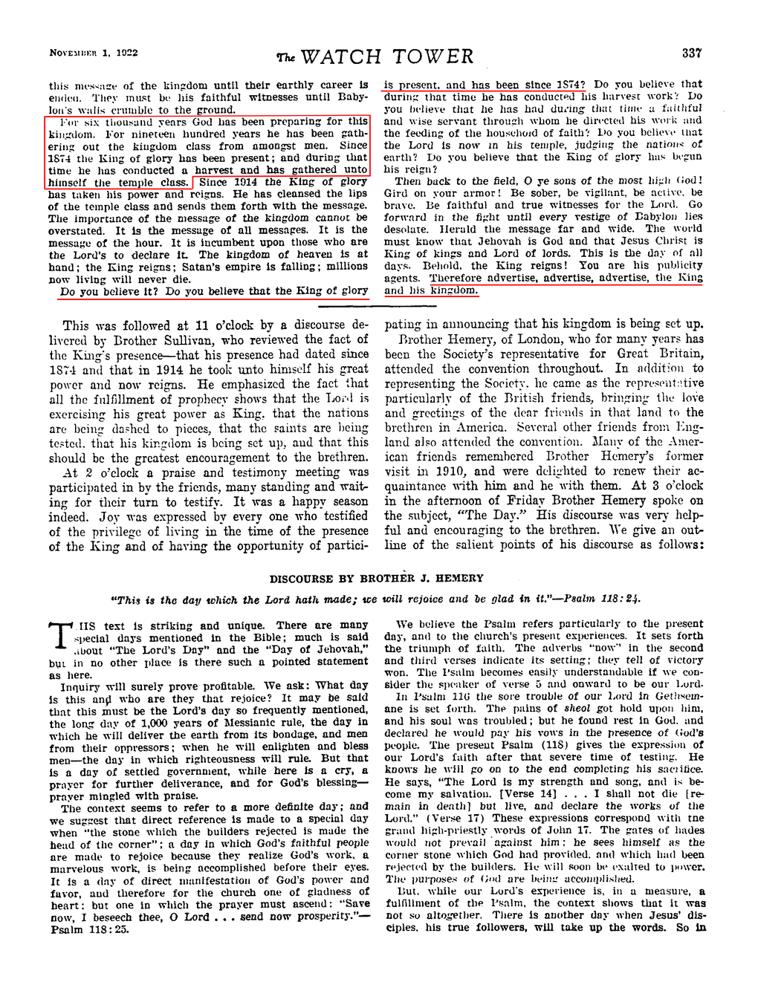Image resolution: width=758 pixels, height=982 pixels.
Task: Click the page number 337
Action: (x=691, y=53)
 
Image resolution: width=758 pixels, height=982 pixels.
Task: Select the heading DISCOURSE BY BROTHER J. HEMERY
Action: (x=376, y=578)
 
